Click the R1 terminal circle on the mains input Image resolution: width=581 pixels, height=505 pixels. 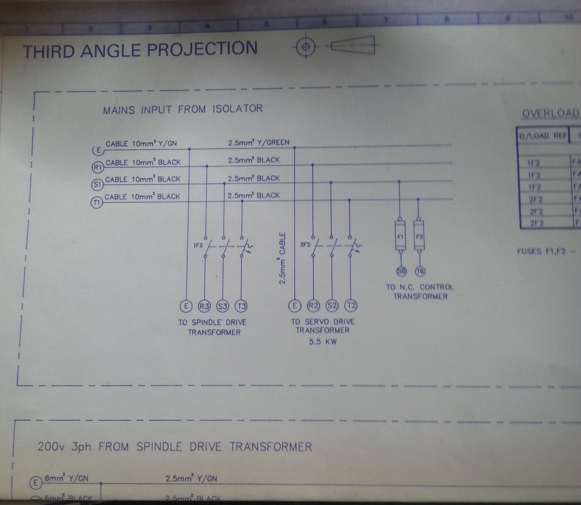[x=98, y=167]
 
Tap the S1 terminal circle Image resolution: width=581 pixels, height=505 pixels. [x=97, y=184]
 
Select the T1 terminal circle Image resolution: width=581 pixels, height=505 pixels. [x=96, y=202]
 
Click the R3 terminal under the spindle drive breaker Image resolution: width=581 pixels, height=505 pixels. [x=204, y=306]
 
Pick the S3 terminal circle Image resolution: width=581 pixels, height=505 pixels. [x=222, y=306]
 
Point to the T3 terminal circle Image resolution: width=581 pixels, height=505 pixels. [x=241, y=306]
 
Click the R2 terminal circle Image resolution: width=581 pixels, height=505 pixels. [x=313, y=305]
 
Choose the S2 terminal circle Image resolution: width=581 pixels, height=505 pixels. [x=332, y=305]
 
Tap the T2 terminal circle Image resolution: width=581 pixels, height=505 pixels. [x=351, y=305]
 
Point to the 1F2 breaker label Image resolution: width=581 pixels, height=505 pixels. [x=198, y=245]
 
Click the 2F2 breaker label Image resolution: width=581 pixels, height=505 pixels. [x=305, y=244]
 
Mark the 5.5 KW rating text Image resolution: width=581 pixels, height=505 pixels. [x=323, y=342]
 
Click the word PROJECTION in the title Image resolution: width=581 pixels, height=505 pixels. [x=202, y=49]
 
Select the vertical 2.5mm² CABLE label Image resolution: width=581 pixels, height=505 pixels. [x=282, y=258]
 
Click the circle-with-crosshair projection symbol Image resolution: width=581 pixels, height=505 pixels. [x=306, y=46]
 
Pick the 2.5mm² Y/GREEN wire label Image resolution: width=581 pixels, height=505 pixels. [x=259, y=142]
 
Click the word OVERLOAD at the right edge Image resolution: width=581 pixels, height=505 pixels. [x=551, y=113]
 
